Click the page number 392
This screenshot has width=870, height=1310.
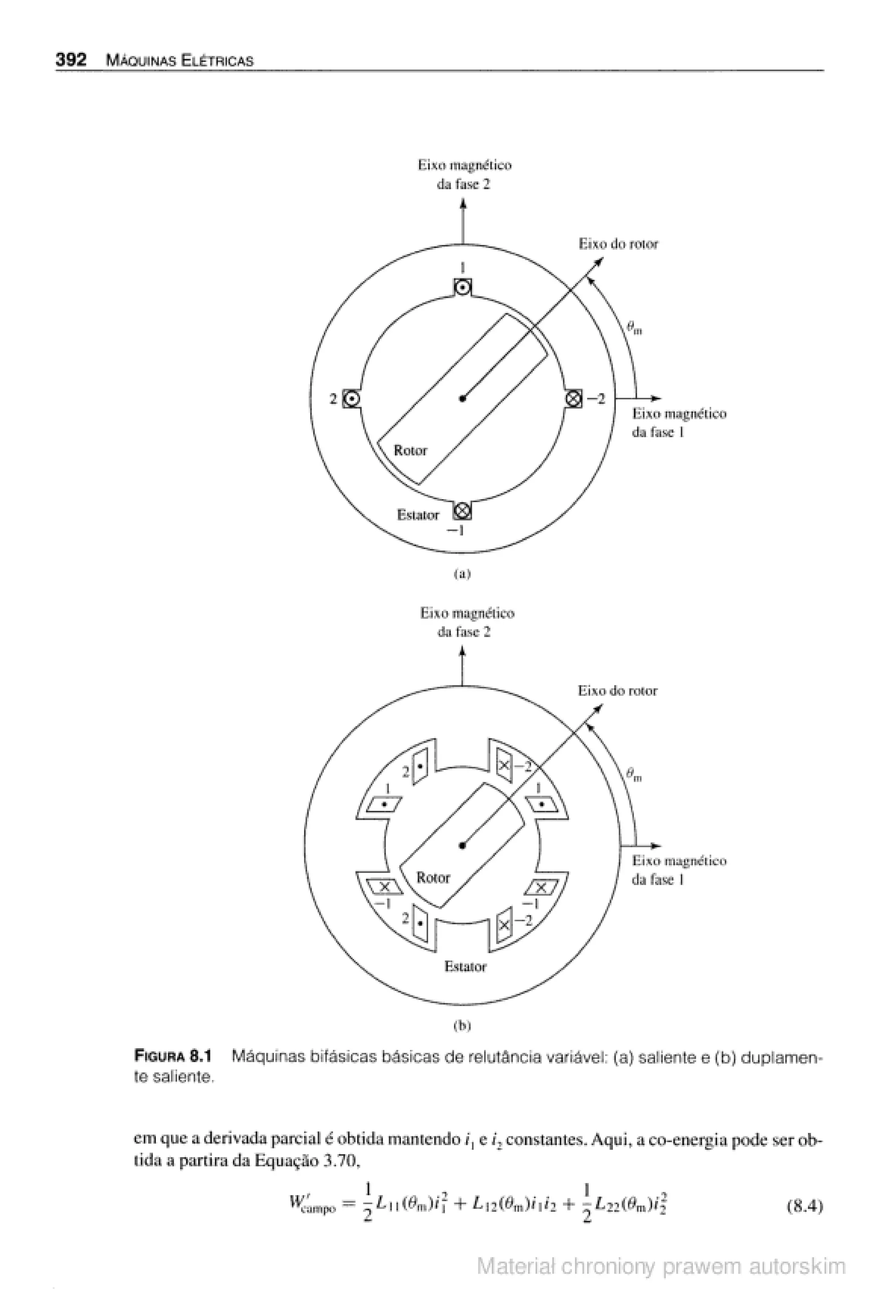pos(71,60)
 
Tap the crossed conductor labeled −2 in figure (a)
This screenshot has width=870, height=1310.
pos(574,398)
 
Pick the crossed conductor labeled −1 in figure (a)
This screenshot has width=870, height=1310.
pos(462,510)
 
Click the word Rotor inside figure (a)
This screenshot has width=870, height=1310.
pos(411,451)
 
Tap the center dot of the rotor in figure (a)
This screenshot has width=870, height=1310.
pos(462,398)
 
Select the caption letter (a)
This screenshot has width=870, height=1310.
pos(462,574)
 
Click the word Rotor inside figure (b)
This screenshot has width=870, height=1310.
pos(433,878)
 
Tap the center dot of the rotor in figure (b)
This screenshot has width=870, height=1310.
pos(462,845)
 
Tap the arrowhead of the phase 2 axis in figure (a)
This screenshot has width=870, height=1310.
pos(462,203)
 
